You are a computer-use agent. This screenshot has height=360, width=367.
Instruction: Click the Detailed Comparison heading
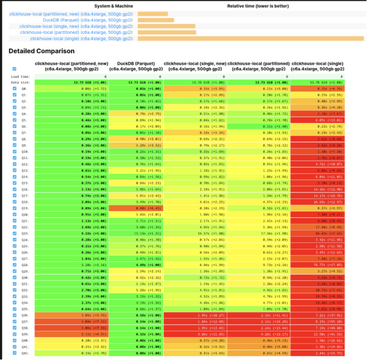tap(41, 51)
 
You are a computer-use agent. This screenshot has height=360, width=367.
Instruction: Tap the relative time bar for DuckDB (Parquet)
tap(156, 20)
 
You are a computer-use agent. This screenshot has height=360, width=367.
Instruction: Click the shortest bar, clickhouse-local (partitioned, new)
tap(153, 14)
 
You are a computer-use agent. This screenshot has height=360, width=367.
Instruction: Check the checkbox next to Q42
tap(14, 352)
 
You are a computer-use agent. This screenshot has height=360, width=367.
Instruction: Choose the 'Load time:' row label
tap(20, 76)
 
